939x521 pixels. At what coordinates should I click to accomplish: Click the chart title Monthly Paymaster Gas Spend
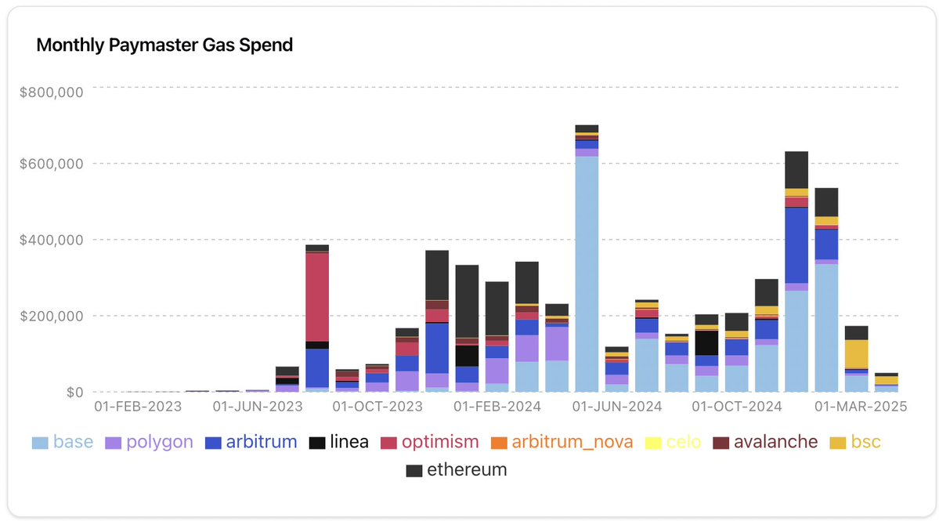[164, 45]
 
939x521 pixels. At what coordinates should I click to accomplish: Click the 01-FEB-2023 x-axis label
[137, 407]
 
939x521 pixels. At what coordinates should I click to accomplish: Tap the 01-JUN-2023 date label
[259, 407]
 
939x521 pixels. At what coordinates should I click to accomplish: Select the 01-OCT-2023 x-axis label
[377, 407]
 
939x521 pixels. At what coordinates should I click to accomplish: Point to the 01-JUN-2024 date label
[617, 407]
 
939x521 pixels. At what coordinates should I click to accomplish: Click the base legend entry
[63, 443]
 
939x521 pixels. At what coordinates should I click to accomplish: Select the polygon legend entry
[149, 443]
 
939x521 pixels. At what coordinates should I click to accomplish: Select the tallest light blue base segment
[587, 274]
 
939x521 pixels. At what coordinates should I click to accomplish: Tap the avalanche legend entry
[765, 443]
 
